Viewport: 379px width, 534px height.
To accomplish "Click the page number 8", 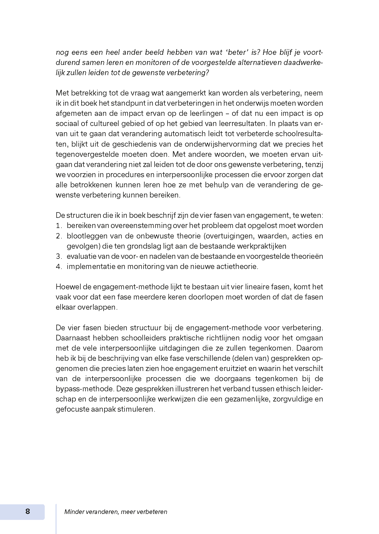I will [x=27, y=511].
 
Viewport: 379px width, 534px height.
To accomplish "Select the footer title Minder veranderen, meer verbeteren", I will [x=115, y=512].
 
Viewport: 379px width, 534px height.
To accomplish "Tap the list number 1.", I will [x=59, y=226].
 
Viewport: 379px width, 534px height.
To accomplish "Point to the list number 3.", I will [x=59, y=256].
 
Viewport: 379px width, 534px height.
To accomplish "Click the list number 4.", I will [x=59, y=266].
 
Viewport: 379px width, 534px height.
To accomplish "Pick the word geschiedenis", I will [x=132, y=144].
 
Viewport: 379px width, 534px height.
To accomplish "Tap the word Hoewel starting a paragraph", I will [x=67, y=287].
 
